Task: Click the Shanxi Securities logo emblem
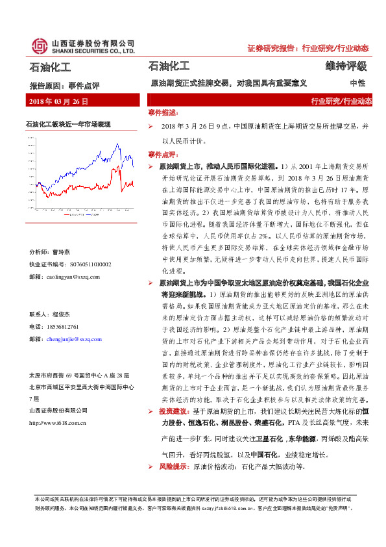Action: tap(38, 45)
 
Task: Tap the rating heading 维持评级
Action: tap(346, 66)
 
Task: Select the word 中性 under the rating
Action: tap(357, 84)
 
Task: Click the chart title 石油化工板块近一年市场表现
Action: tap(68, 123)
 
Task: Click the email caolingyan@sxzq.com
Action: tap(73, 276)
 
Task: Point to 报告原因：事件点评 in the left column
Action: tap(64, 85)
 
